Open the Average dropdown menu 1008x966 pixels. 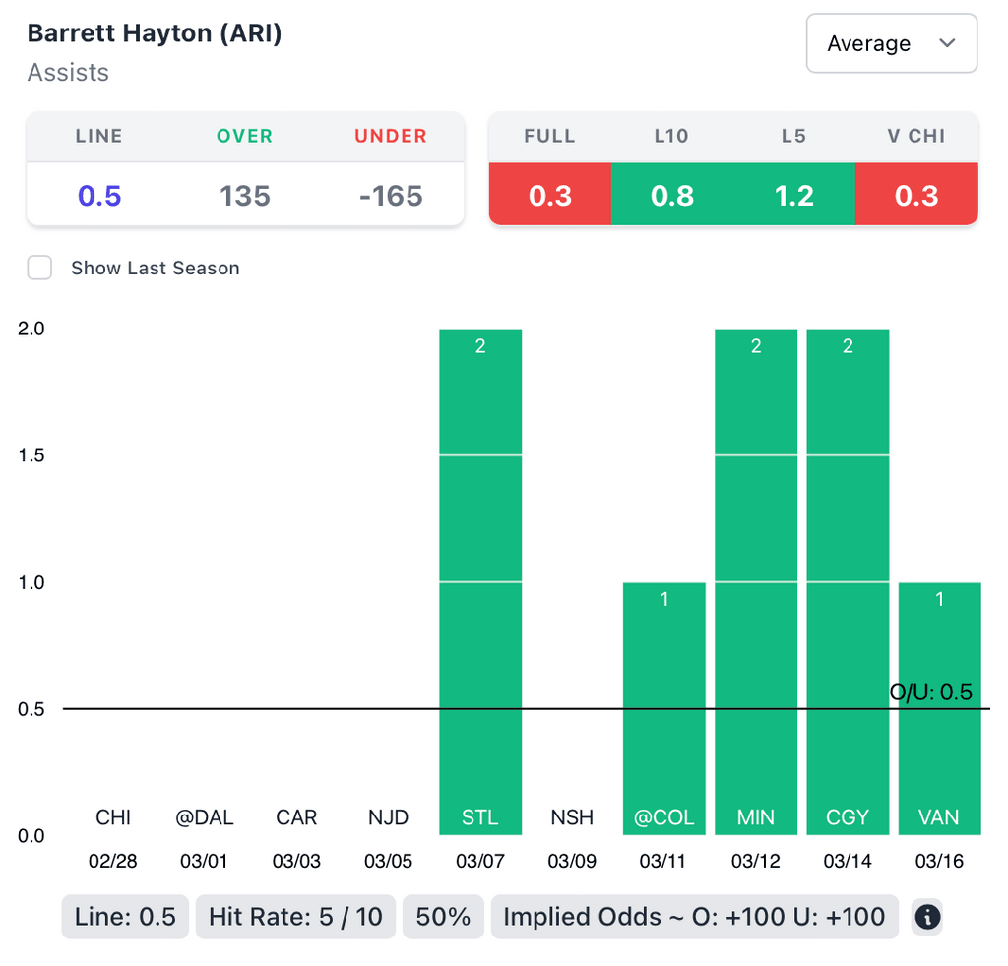tap(891, 43)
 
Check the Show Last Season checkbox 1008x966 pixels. tap(39, 268)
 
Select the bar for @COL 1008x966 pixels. tap(664, 708)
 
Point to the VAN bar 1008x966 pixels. tap(939, 708)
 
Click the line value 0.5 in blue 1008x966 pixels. tap(99, 196)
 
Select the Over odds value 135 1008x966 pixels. tap(245, 196)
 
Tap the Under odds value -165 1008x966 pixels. tap(391, 196)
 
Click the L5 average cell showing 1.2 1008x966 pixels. tap(794, 196)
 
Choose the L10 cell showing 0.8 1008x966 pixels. tap(671, 196)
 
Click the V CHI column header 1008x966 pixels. tap(916, 136)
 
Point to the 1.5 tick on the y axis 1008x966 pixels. tap(31, 455)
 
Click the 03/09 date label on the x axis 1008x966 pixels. tap(572, 862)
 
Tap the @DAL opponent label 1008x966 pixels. tap(204, 817)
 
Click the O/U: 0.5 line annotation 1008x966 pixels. tap(930, 692)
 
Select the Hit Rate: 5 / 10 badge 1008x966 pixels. tap(295, 918)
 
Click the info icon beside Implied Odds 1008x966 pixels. tap(927, 918)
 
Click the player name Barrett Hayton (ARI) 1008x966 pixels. tap(155, 33)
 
